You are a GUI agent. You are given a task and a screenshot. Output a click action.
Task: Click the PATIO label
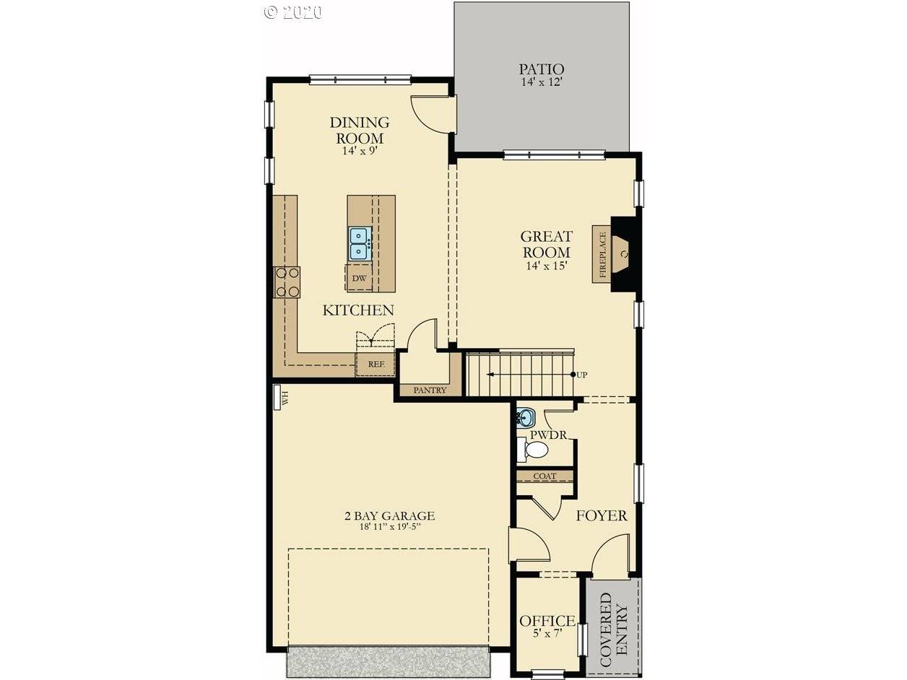(542, 69)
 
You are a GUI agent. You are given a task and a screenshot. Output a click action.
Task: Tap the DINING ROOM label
(360, 130)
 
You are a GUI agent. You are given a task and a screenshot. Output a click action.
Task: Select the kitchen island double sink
(360, 243)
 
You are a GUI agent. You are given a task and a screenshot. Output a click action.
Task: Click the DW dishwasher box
(359, 278)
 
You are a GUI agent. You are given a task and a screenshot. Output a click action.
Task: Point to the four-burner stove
(287, 282)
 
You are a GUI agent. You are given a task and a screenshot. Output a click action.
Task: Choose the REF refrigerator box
(376, 364)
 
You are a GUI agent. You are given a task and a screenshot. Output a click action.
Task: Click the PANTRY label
(430, 390)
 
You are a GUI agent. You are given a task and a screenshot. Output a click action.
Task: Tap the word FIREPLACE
(602, 254)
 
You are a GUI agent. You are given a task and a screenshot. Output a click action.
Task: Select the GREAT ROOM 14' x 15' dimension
(546, 266)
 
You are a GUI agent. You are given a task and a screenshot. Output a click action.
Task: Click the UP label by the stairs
(582, 375)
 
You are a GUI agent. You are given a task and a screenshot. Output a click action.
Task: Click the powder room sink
(525, 417)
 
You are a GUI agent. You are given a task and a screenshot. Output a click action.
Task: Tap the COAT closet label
(544, 476)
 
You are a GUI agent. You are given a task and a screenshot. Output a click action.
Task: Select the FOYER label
(602, 515)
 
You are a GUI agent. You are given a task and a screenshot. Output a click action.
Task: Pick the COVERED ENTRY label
(614, 625)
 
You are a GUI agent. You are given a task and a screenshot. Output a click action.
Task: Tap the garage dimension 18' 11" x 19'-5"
(391, 526)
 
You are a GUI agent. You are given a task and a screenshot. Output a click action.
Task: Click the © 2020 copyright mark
(293, 12)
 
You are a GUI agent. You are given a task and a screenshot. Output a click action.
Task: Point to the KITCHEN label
(358, 310)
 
